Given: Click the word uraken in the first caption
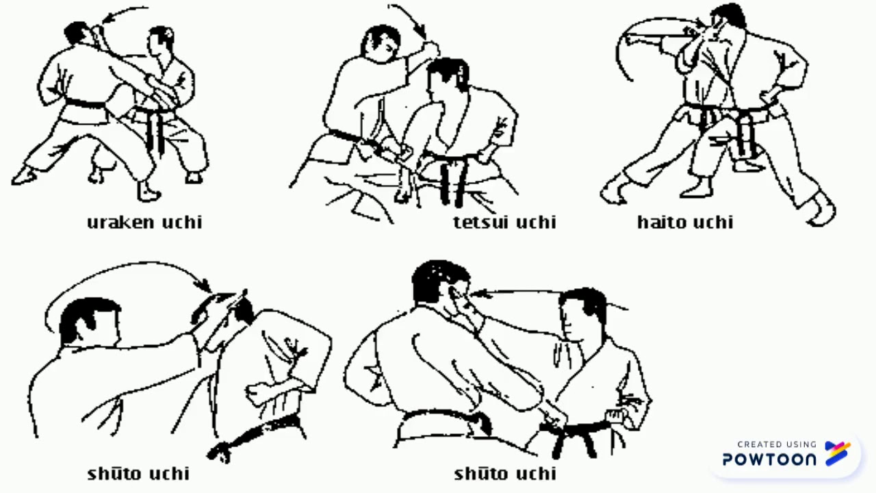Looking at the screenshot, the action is (120, 223).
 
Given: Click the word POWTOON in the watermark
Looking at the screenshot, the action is (769, 459).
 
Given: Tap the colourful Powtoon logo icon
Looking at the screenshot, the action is (837, 453).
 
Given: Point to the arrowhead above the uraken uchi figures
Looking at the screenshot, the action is (108, 18).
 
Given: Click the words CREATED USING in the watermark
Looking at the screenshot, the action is (777, 444).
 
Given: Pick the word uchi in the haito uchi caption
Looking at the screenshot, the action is (713, 222).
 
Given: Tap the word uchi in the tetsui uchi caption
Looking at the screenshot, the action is (536, 222).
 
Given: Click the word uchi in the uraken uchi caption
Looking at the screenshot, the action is (182, 223).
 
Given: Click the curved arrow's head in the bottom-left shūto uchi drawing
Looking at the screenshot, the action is (205, 284).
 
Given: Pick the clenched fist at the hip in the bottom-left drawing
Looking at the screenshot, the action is (257, 394).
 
